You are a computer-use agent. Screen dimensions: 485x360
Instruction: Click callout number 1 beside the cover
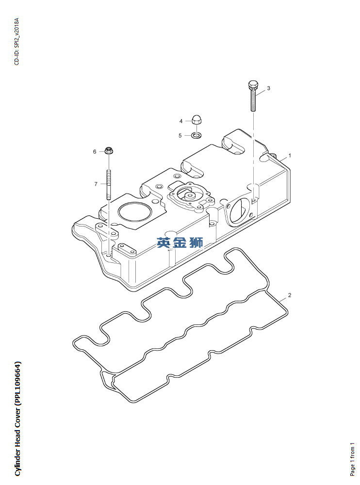tap(290, 156)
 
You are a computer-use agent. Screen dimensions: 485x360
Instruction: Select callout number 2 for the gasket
tap(290, 295)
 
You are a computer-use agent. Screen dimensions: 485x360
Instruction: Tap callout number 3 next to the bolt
tap(268, 88)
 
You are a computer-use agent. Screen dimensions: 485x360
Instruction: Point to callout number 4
tap(180, 121)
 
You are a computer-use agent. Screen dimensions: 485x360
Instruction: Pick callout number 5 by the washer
tap(180, 135)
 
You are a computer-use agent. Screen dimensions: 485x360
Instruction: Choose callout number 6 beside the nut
tap(95, 152)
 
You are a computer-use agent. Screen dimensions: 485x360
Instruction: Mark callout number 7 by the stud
tap(96, 184)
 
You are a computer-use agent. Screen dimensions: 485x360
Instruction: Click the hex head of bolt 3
tap(252, 86)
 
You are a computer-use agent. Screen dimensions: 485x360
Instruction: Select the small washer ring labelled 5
tap(196, 135)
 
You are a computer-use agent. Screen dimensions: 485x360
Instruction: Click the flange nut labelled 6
tap(109, 150)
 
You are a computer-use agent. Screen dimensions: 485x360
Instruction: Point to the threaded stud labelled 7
tap(109, 184)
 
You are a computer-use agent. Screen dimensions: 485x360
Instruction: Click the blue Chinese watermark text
tap(180, 242)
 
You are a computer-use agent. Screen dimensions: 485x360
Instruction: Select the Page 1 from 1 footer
tap(353, 459)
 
